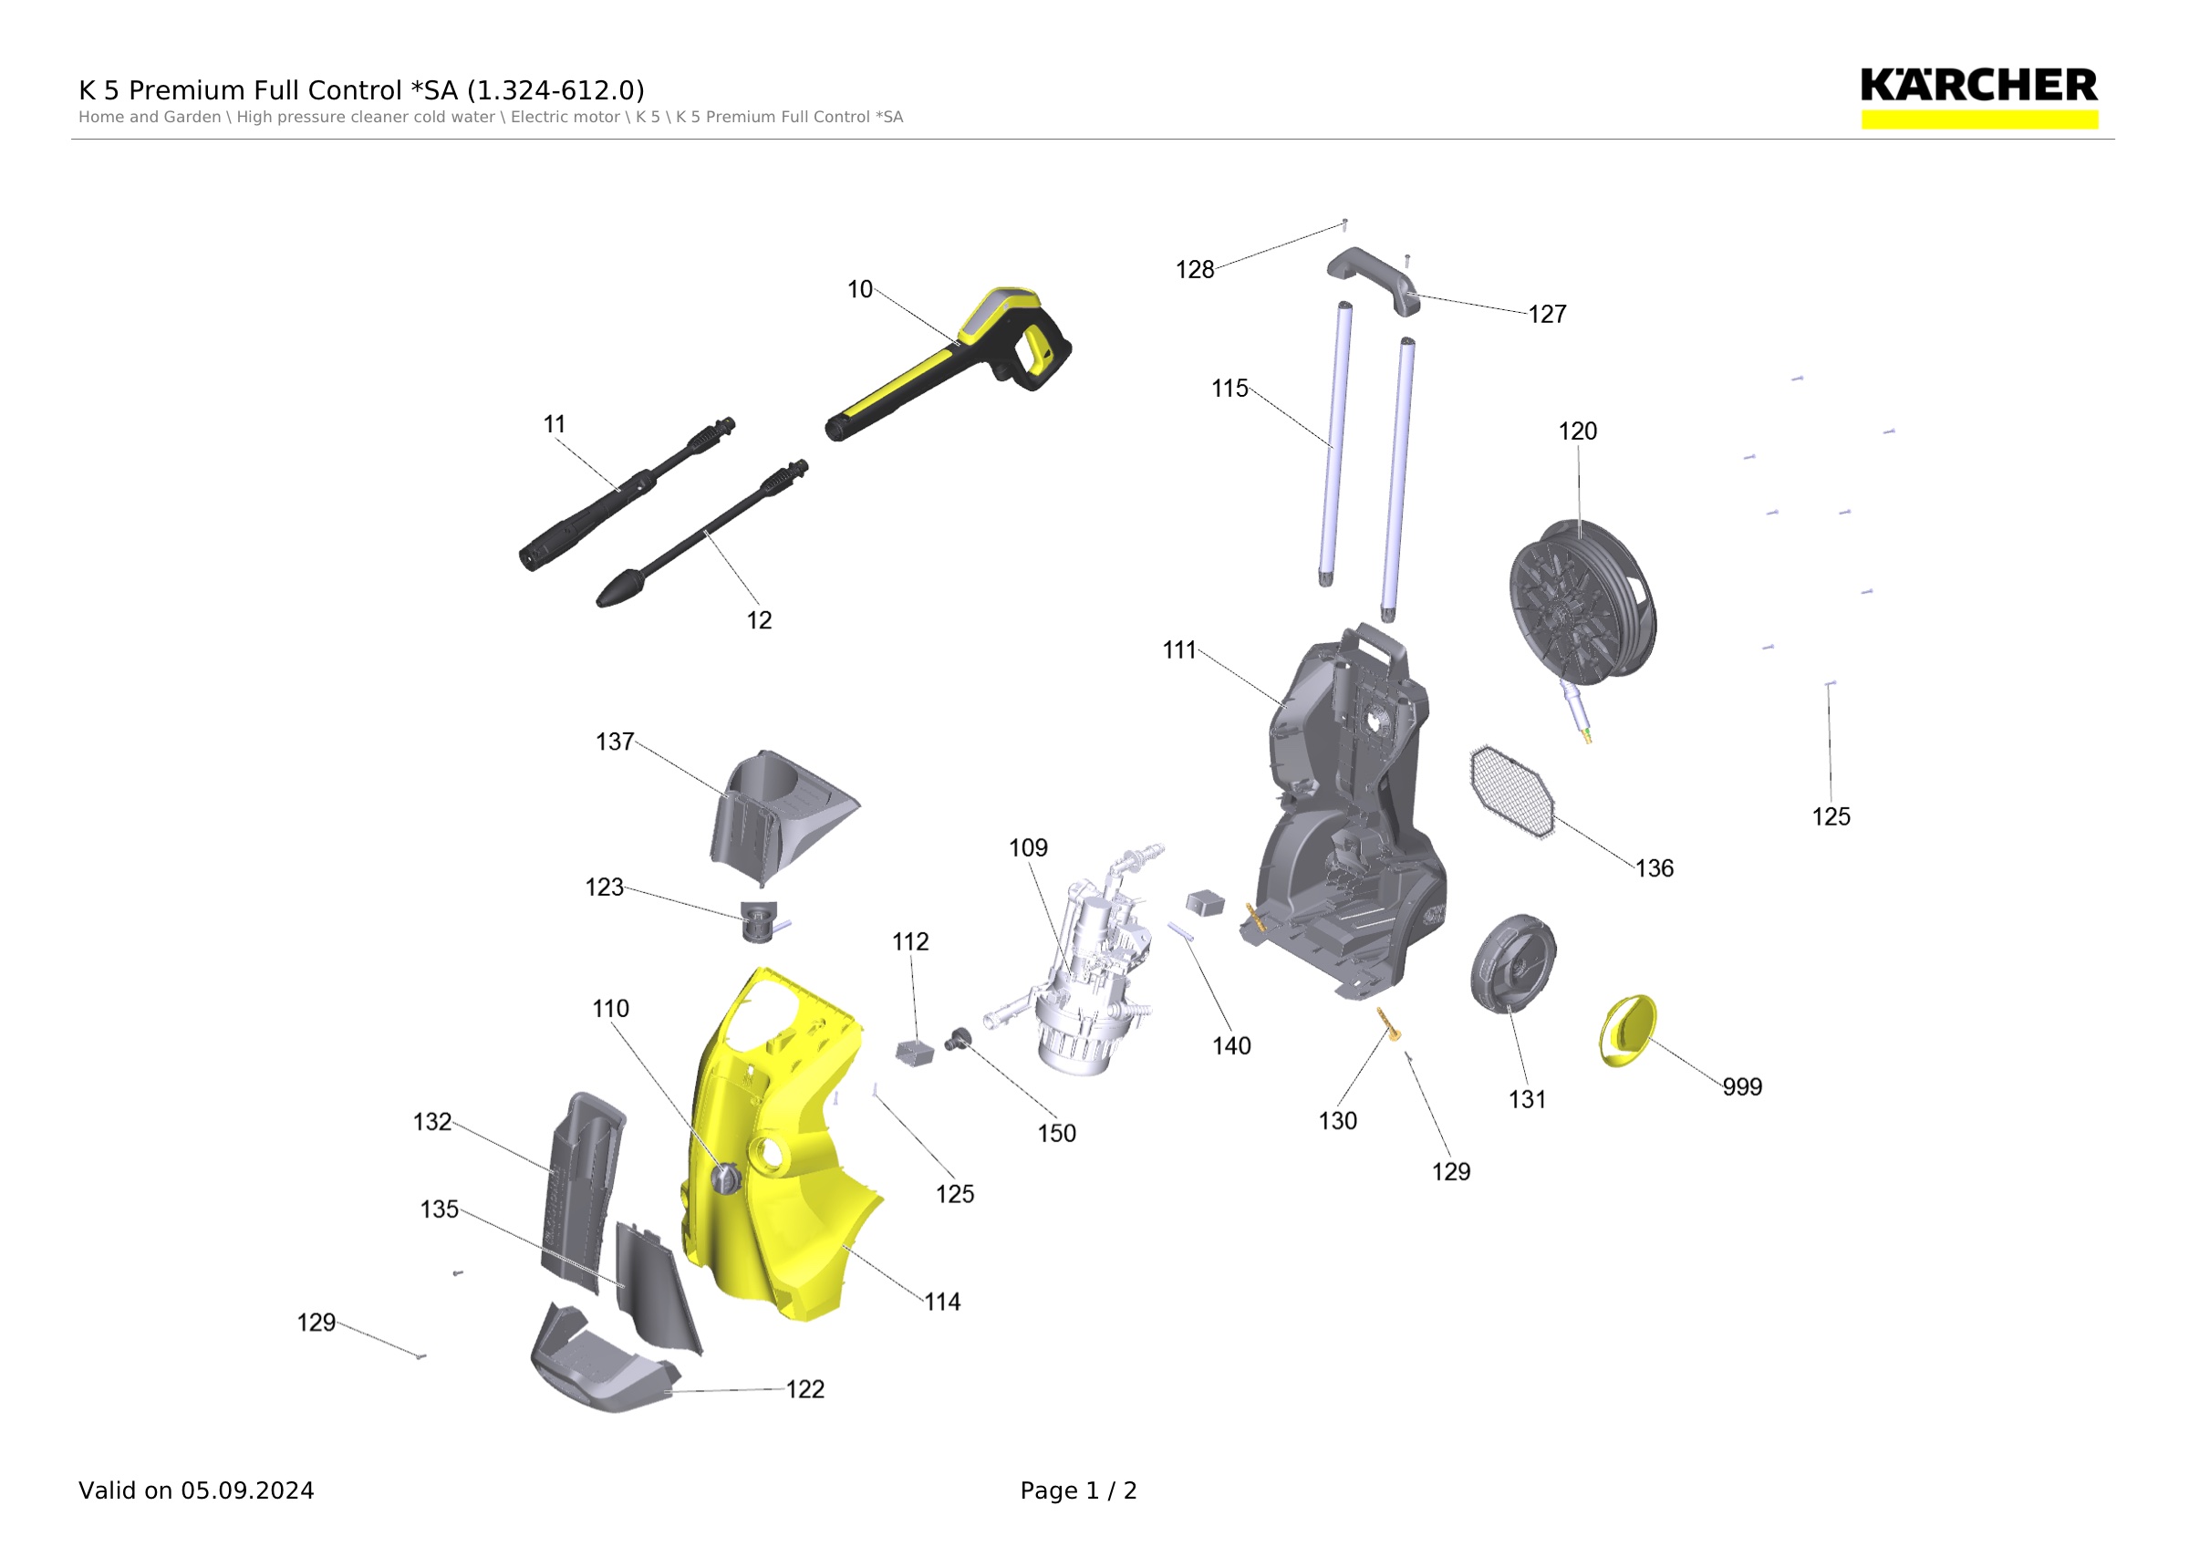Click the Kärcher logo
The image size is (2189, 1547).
pyautogui.click(x=1978, y=98)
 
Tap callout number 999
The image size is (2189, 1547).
pyautogui.click(x=1742, y=1086)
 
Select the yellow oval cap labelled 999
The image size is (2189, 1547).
pyautogui.click(x=1627, y=1031)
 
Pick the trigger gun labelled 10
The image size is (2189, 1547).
pyautogui.click(x=949, y=363)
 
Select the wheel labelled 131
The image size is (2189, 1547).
pyautogui.click(x=1513, y=963)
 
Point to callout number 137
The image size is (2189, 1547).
pyautogui.click(x=615, y=742)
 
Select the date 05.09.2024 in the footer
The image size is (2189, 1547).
pyautogui.click(x=248, y=1490)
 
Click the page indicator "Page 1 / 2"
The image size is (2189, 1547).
pyautogui.click(x=1078, y=1490)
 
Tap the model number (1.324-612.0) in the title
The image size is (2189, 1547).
pyautogui.click(x=555, y=90)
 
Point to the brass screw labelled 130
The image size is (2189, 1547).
pyautogui.click(x=1389, y=1024)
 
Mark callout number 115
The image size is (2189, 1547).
pyautogui.click(x=1229, y=389)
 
